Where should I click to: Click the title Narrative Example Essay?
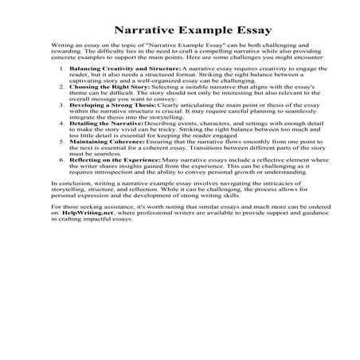[179, 29]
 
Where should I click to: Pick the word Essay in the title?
[229, 29]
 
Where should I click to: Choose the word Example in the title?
[188, 29]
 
